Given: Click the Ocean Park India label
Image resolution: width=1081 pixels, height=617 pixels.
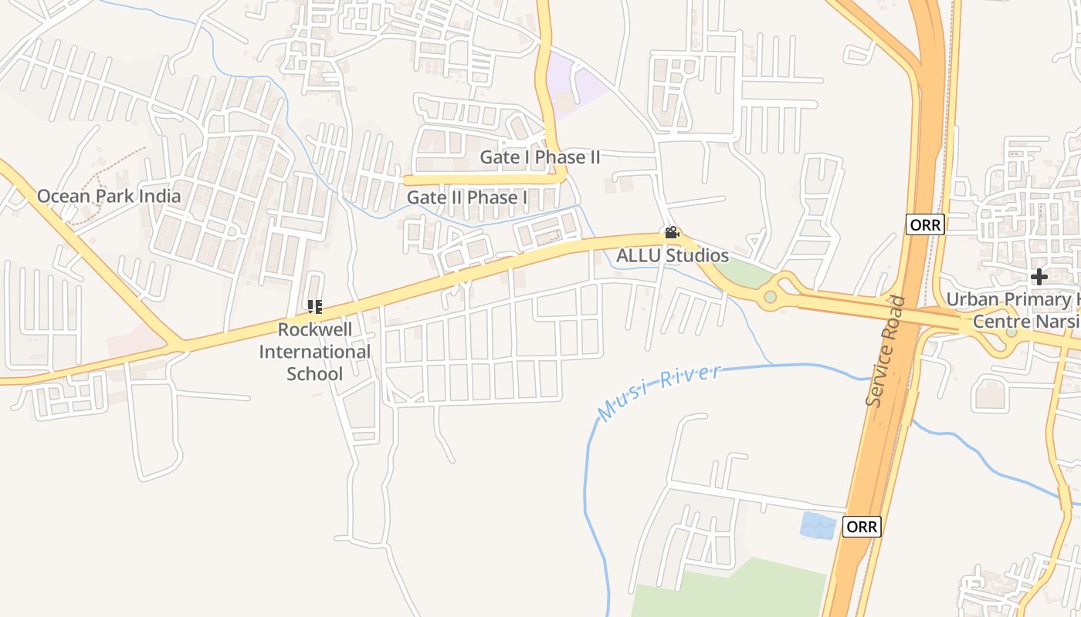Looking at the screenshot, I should [109, 196].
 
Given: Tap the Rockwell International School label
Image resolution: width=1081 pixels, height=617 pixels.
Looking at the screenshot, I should [315, 352].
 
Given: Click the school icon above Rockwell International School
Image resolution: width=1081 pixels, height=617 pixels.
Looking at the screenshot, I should [315, 307].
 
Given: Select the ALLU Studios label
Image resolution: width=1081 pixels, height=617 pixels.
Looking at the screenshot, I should [672, 255].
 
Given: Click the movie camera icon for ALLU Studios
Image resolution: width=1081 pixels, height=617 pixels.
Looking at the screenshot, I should [672, 233].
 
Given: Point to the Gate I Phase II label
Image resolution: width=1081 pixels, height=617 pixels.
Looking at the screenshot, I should [540, 157].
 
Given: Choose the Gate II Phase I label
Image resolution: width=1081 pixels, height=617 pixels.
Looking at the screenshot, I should [467, 197].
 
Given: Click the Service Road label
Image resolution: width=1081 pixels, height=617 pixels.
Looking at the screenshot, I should [886, 351].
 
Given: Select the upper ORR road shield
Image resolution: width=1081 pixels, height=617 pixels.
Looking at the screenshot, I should [925, 224].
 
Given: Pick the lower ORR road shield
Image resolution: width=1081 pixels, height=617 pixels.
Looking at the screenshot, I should [861, 527].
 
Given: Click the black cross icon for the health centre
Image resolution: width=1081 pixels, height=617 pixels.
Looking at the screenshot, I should [1039, 276].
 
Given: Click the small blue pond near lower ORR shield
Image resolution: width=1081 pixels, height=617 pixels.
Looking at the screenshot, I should [818, 525].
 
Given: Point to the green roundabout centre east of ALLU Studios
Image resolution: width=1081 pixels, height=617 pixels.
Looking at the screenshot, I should [770, 297].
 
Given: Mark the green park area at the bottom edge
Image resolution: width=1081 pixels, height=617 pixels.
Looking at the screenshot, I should [734, 594].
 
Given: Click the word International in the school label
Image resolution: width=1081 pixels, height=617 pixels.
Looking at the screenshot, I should [315, 352].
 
